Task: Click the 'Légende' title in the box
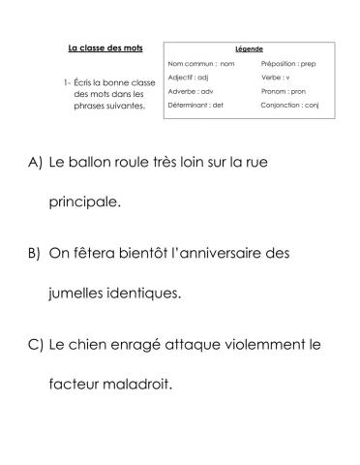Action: coord(249,48)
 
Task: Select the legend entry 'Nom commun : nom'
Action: coord(201,63)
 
